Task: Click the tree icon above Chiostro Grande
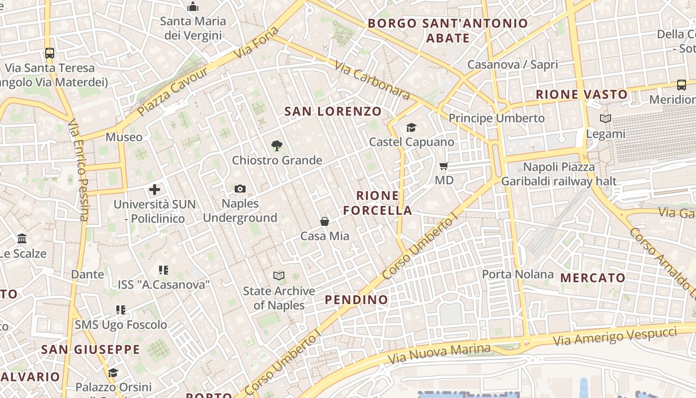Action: [x=277, y=145]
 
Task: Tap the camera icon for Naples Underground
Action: [x=240, y=189]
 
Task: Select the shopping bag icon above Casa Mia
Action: [x=325, y=221]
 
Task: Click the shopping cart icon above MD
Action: [x=444, y=166]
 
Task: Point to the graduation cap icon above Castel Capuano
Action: [x=411, y=128]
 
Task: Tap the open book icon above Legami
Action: [x=605, y=118]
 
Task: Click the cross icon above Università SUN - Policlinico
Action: [x=155, y=189]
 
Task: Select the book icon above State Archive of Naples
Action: [x=279, y=276]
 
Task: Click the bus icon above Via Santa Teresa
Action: [x=49, y=53]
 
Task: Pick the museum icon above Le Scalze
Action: [x=22, y=239]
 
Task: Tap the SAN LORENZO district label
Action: [x=333, y=111]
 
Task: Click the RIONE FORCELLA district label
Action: [x=378, y=203]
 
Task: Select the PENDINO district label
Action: [x=356, y=299]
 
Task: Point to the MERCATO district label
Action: [x=593, y=278]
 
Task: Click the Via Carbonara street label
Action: [x=372, y=80]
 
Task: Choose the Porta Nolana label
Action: [x=518, y=274]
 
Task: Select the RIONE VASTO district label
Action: [x=582, y=95]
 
